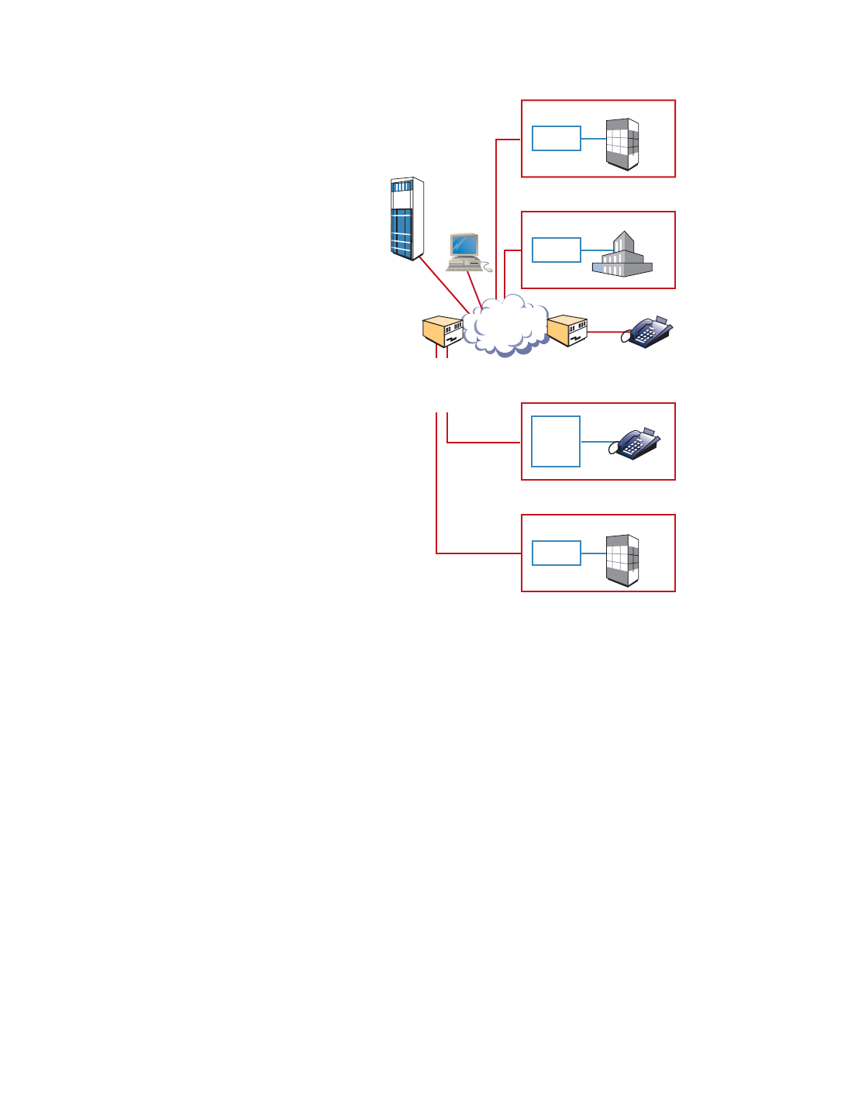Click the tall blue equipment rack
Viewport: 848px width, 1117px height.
407,219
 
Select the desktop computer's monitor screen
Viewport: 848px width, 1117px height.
464,245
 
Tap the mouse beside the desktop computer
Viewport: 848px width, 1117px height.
488,269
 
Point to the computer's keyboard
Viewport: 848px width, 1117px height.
464,265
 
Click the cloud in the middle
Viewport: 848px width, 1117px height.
505,326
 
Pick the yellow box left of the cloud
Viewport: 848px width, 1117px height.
443,332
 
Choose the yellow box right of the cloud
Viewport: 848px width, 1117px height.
567,331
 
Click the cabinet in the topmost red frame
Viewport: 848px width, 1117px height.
622,144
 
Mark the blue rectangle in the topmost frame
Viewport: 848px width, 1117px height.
557,139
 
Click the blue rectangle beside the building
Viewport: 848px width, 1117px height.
557,250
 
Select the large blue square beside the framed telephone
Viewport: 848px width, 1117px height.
556,442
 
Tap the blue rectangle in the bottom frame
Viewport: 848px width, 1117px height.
557,553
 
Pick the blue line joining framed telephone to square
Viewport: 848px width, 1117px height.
595,442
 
